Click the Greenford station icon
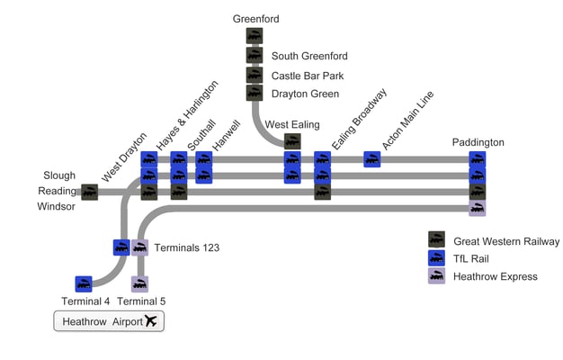255,36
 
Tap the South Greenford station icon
255,55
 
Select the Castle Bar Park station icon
255,74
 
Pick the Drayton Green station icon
255,93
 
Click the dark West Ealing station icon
292,141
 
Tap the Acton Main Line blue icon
371,159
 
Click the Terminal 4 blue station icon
84,283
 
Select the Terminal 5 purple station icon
139,283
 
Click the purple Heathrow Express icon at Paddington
478,208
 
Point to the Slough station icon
89,192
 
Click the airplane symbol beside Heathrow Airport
150,321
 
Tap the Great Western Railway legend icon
436,239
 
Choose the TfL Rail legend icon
436,257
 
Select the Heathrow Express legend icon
436,275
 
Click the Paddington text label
478,142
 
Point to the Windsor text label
57,207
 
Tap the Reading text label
57,191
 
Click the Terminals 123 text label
186,247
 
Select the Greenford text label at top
255,18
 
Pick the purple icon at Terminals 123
140,247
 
